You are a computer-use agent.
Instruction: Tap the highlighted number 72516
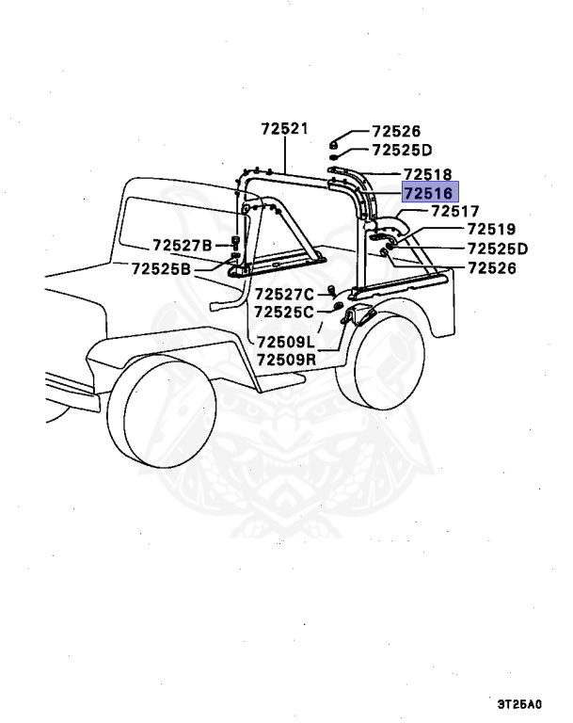click(428, 193)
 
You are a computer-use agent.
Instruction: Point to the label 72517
click(455, 212)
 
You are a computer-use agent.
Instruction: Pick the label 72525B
click(161, 269)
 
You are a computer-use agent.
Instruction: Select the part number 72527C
click(284, 294)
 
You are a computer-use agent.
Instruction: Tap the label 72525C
click(284, 312)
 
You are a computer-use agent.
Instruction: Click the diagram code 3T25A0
click(523, 703)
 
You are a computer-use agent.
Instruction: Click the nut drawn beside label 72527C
click(332, 288)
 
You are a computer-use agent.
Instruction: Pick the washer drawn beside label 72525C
click(335, 308)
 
